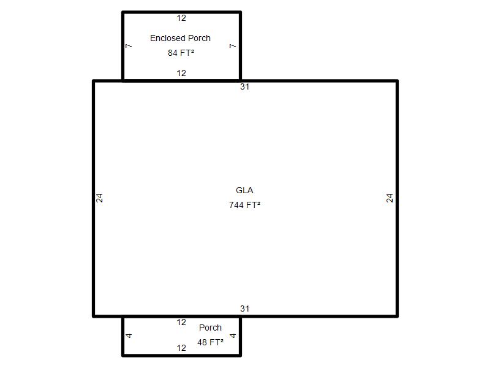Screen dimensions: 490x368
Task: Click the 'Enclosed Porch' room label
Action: pos(180,38)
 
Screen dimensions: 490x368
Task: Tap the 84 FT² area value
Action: pos(181,53)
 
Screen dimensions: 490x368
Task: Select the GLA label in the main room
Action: pos(244,190)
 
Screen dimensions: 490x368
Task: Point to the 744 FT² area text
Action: pos(244,205)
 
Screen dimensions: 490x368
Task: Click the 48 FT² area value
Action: pos(210,342)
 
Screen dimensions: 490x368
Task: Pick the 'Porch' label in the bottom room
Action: pos(210,328)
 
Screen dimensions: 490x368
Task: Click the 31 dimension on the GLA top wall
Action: pos(244,86)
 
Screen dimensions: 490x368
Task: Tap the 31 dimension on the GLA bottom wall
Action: pos(244,309)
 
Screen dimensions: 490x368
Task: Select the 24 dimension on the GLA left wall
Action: pos(99,198)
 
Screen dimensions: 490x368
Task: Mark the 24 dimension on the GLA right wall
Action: pos(390,198)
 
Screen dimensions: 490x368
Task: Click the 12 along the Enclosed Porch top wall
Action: pos(181,18)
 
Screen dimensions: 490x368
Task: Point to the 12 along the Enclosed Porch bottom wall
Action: pos(181,73)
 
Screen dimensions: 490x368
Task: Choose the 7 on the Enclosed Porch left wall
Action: pos(129,46)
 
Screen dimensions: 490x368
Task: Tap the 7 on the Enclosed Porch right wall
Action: pos(233,46)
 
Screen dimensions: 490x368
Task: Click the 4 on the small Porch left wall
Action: pos(129,335)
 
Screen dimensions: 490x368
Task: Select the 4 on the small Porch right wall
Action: pos(233,335)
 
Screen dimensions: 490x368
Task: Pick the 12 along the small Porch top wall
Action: pos(181,323)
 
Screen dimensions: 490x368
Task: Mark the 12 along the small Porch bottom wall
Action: pos(181,348)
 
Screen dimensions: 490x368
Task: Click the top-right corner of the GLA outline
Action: pos(397,81)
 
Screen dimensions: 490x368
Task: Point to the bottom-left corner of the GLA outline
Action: pos(94,316)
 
